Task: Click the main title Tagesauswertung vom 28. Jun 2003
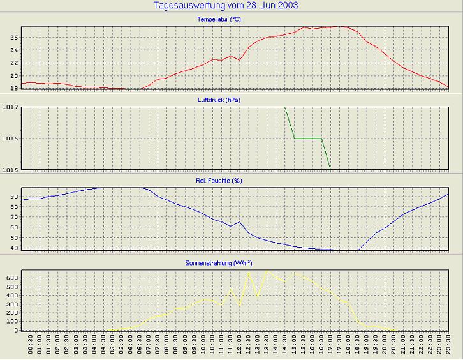[226, 6]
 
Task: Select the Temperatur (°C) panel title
[219, 19]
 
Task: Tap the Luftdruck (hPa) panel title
[219, 100]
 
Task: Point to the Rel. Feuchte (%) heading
[219, 181]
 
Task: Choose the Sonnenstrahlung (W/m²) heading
[219, 262]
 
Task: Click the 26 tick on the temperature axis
[13, 37]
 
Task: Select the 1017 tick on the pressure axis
[10, 107]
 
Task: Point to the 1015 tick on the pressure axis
[10, 169]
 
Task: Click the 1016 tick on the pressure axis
[10, 138]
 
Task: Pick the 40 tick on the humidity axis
[13, 248]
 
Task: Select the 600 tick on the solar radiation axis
[11, 278]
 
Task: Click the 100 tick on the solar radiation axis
[11, 322]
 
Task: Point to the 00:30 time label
[31, 345]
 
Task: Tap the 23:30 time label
[449, 345]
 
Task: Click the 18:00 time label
[349, 345]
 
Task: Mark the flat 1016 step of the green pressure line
[307, 138]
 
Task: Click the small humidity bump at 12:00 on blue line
[239, 222]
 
